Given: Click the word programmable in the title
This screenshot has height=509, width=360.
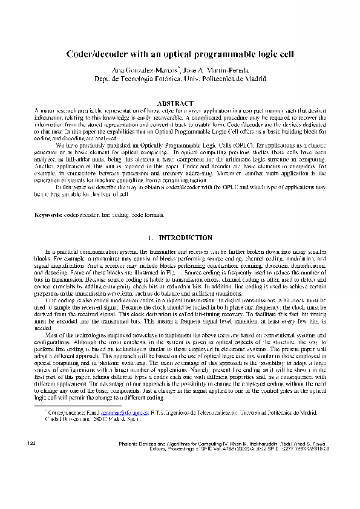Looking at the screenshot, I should [214, 54].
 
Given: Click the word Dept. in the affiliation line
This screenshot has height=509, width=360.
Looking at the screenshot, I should [104, 79].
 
